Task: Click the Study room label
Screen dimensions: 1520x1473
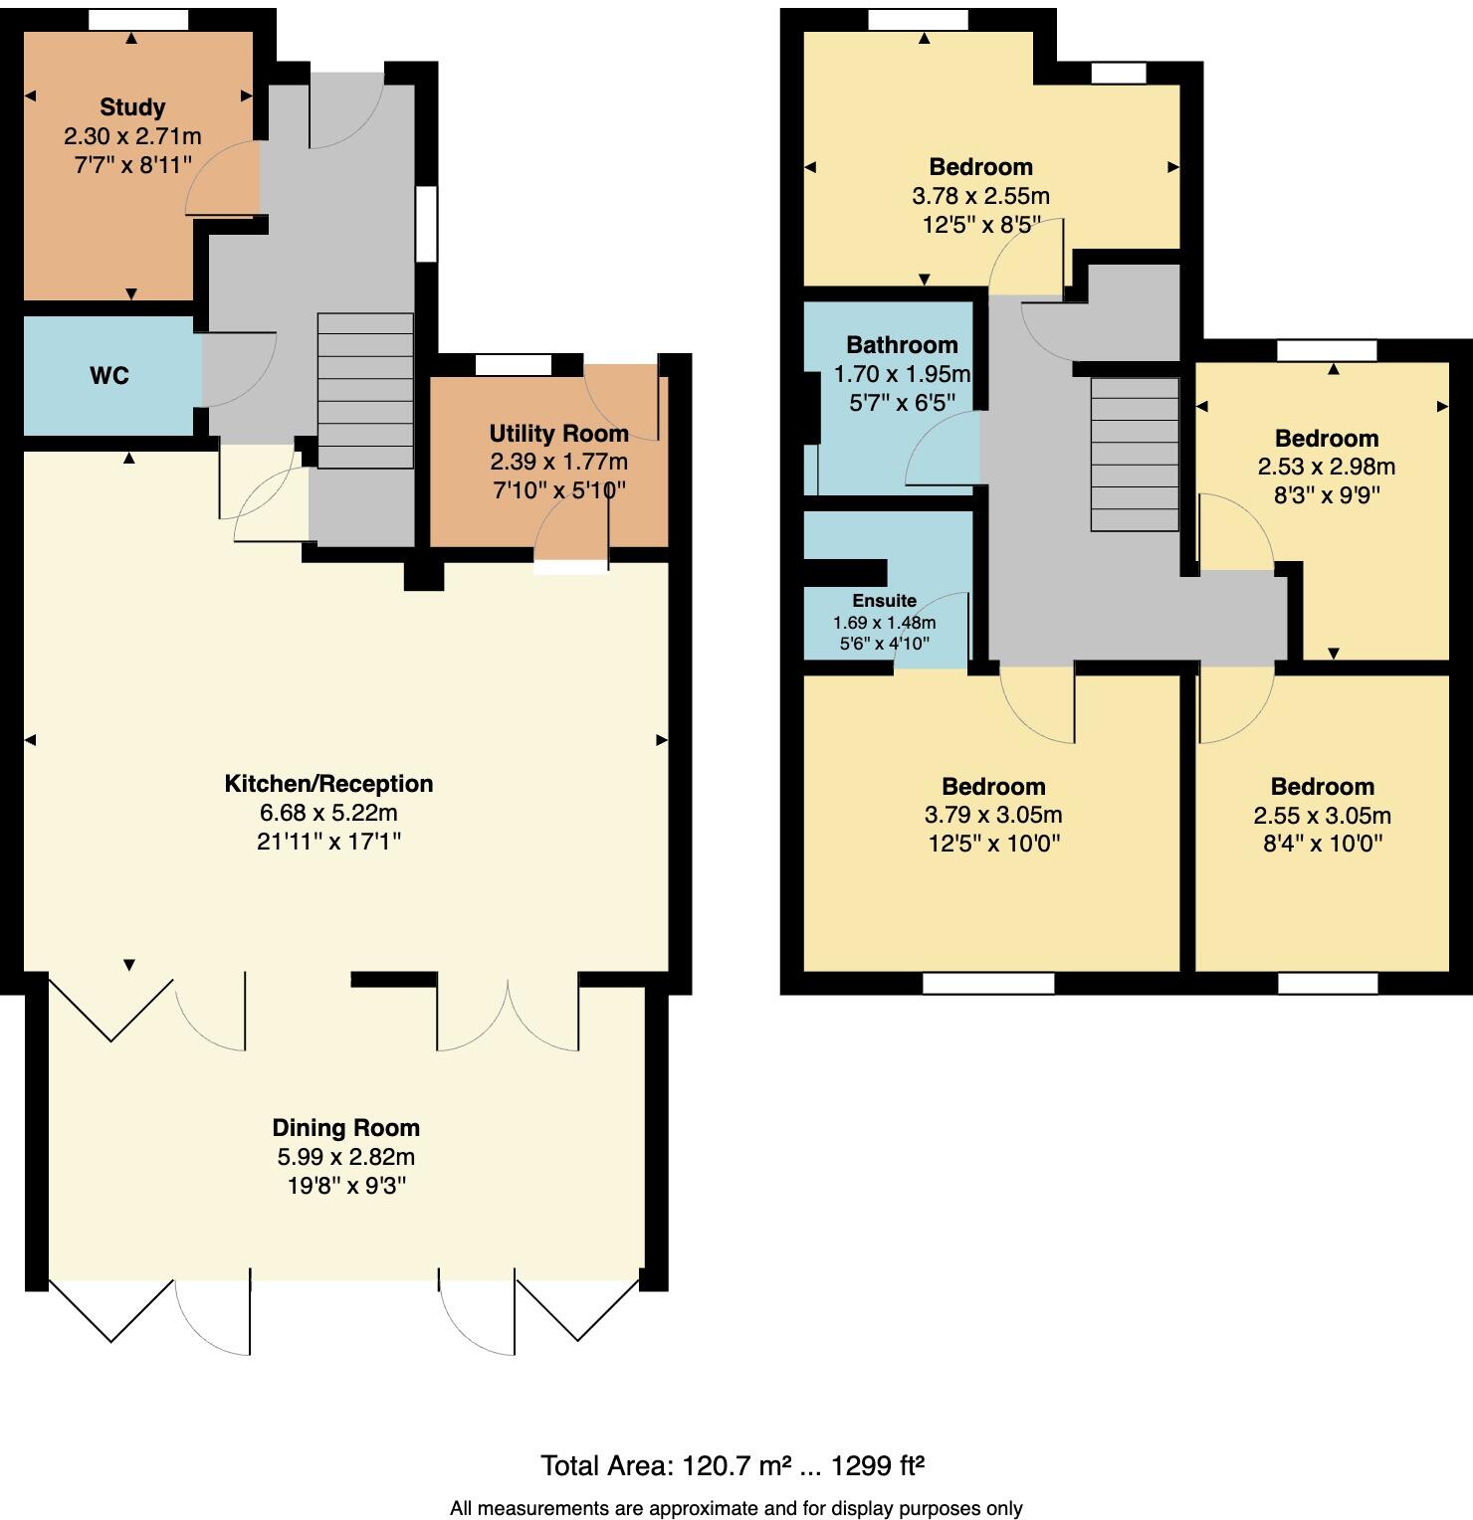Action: coord(132,107)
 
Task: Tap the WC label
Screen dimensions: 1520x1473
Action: coord(109,376)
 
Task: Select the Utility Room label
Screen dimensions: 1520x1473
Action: coord(558,434)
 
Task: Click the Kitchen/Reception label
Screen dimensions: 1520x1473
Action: coord(328,784)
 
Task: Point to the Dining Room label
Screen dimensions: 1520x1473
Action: coord(346,1128)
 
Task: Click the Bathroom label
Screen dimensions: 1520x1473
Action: coord(902,345)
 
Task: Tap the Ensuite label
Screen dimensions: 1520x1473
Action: coord(884,601)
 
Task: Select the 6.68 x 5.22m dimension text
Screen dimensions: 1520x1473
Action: coord(328,814)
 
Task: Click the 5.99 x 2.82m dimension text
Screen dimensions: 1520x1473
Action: coord(346,1158)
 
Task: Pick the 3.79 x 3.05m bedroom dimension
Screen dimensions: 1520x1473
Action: coord(993,816)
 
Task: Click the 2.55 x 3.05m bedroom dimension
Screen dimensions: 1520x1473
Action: coord(1322,816)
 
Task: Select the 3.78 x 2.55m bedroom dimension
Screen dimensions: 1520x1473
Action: coord(980,196)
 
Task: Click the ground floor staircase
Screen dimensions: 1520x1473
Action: coord(365,391)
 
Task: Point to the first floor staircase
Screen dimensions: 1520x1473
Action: coord(1135,456)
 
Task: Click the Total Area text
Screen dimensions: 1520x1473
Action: coord(734,1465)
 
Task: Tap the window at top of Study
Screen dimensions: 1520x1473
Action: coord(138,19)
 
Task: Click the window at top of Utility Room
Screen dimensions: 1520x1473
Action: coord(514,365)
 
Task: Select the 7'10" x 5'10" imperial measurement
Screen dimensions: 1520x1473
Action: coord(558,490)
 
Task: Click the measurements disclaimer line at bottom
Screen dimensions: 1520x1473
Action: coord(736,1508)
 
